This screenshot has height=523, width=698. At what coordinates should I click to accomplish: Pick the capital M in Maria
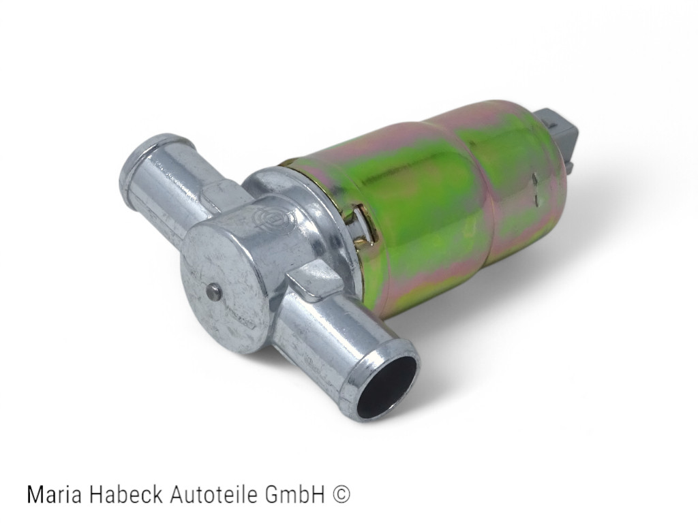[x=34, y=495]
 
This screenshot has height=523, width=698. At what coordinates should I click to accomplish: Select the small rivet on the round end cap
[x=213, y=291]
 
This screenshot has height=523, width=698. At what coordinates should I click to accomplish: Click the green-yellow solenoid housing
[x=436, y=204]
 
